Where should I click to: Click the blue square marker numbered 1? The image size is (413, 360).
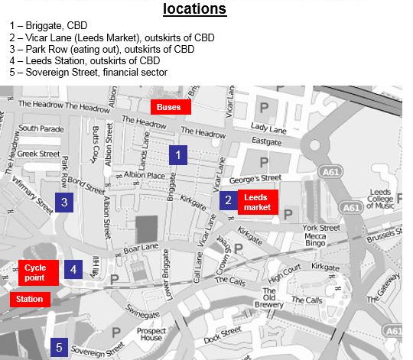pos(178,155)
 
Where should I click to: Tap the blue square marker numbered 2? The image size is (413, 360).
pos(228,201)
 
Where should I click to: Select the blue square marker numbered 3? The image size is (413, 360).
pos(64,203)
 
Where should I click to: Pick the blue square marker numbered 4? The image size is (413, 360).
pos(73,269)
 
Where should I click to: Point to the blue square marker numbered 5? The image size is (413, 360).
pos(60,348)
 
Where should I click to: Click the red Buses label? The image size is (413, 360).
pos(169,107)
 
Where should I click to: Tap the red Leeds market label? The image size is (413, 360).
pos(257,202)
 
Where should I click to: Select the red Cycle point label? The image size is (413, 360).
pos(35,273)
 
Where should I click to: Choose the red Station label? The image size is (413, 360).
pos(30,299)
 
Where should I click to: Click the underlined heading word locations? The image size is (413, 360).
pos(194,9)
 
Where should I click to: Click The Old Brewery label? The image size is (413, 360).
pos(273,297)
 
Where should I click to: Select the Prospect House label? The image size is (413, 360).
pos(151,335)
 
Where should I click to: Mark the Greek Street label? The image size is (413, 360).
pos(38,154)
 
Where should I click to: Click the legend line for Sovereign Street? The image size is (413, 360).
pos(89,72)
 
